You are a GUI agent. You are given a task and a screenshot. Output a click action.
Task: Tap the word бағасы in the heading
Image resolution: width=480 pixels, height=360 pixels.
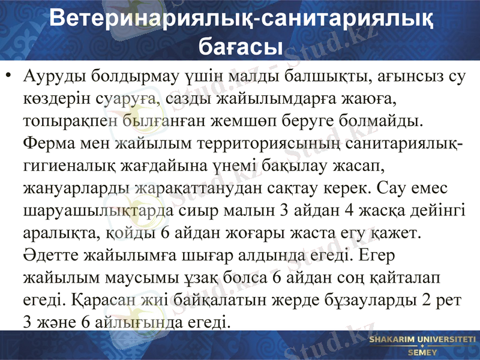pos(241,44)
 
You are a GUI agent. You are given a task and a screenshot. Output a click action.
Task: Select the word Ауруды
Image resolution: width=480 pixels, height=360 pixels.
pos(51,77)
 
